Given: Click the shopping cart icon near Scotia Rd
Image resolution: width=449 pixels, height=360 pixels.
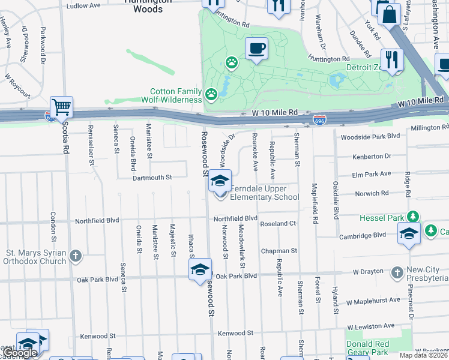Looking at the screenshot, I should (x=61, y=107).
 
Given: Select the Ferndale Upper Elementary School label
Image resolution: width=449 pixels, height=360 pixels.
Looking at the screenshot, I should (x=265, y=192).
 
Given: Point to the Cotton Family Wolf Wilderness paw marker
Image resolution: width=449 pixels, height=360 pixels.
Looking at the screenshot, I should (x=211, y=94).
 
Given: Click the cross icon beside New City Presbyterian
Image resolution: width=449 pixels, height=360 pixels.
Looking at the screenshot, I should (x=396, y=273).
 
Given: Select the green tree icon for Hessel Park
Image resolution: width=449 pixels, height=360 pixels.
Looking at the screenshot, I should (x=412, y=217).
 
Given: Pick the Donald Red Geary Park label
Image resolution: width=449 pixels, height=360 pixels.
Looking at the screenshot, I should (x=367, y=347).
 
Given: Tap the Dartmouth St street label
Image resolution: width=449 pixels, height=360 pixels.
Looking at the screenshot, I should (x=152, y=178).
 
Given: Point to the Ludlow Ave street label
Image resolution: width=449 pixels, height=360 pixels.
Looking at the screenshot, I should (x=83, y=5).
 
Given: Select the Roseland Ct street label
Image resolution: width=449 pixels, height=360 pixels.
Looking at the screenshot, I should (x=277, y=224).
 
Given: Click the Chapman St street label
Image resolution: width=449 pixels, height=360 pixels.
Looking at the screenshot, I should (x=279, y=251).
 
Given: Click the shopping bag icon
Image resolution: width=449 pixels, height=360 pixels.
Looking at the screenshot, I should (x=389, y=14).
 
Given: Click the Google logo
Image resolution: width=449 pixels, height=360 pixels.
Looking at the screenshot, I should (x=20, y=353).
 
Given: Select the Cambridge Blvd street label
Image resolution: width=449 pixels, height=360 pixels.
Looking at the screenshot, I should (x=362, y=236).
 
